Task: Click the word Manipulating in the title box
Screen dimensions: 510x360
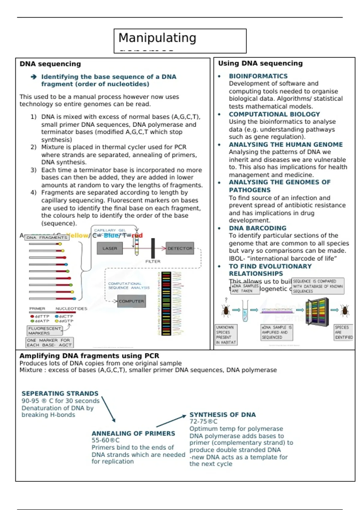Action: pyautogui.click(x=157, y=38)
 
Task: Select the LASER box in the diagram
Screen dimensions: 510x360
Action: pyautogui.click(x=110, y=248)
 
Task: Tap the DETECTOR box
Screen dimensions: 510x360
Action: pyautogui.click(x=180, y=248)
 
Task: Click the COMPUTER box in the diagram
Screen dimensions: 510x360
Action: pyautogui.click(x=131, y=301)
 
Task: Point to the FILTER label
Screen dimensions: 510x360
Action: pyautogui.click(x=153, y=262)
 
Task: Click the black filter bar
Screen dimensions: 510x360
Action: pyautogui.click(x=153, y=248)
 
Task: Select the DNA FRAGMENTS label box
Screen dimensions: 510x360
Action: pyautogui.click(x=47, y=238)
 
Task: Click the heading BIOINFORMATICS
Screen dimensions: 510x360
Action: pyautogui.click(x=258, y=76)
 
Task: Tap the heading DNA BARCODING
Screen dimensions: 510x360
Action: pyautogui.click(x=257, y=228)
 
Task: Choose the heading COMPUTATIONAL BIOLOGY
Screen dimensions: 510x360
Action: pyautogui.click(x=274, y=114)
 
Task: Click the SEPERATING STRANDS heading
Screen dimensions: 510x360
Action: pyautogui.click(x=60, y=393)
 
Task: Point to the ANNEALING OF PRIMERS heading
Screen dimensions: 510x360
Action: pyautogui.click(x=133, y=433)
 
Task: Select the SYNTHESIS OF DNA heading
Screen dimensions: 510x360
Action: pyautogui.click(x=223, y=415)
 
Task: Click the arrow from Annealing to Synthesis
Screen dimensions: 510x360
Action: pyautogui.click(x=171, y=421)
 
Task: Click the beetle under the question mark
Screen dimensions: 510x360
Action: pyautogui.click(x=226, y=310)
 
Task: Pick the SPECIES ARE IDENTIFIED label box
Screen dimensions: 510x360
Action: pyautogui.click(x=344, y=332)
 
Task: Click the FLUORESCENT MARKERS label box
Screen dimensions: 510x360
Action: pyautogui.click(x=45, y=331)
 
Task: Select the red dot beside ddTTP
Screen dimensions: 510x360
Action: pyautogui.click(x=32, y=316)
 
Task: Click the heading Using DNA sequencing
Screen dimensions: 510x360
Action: pyautogui.click(x=260, y=63)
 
